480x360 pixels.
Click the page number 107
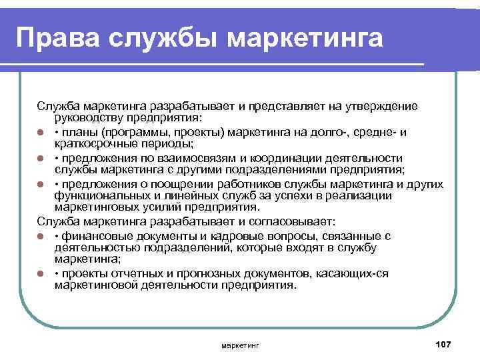pyautogui.click(x=442, y=343)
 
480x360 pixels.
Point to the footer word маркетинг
pyautogui.click(x=239, y=345)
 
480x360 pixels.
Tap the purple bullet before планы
pyautogui.click(x=41, y=132)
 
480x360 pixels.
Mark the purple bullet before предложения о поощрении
pyautogui.click(x=41, y=183)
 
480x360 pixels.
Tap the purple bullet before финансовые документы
pyautogui.click(x=41, y=236)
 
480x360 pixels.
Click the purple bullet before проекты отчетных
pyautogui.click(x=41, y=273)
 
